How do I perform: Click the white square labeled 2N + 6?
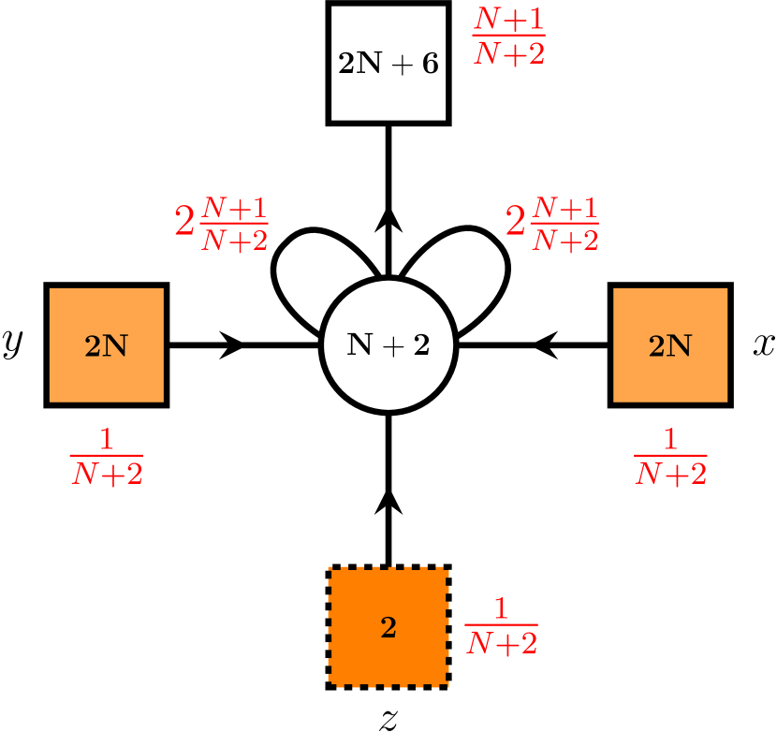pyautogui.click(x=388, y=63)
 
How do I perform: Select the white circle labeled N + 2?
pyautogui.click(x=388, y=344)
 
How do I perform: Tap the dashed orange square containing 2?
pyautogui.click(x=388, y=627)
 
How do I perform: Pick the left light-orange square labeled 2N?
pyautogui.click(x=107, y=344)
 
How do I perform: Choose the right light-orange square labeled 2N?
pyautogui.click(x=670, y=344)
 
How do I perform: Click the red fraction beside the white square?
pyautogui.click(x=508, y=37)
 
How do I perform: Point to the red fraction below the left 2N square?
pyautogui.click(x=107, y=457)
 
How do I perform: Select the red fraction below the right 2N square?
pyautogui.click(x=670, y=457)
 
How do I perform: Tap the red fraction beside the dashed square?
pyautogui.click(x=501, y=626)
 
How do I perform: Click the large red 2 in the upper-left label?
pyautogui.click(x=184, y=223)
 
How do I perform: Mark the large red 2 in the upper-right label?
pyautogui.click(x=515, y=223)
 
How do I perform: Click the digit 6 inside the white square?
pyautogui.click(x=430, y=64)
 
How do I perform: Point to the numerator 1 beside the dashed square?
pyautogui.click(x=501, y=609)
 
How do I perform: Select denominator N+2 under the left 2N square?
pyautogui.click(x=107, y=475)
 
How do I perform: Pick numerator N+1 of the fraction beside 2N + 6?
pyautogui.click(x=508, y=19)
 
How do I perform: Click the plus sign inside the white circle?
pyautogui.click(x=388, y=345)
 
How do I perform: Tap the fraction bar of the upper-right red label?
pyautogui.click(x=564, y=224)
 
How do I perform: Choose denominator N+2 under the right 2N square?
pyautogui.click(x=670, y=475)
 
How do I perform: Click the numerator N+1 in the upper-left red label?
pyautogui.click(x=234, y=208)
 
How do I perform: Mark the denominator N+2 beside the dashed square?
pyautogui.click(x=501, y=643)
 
